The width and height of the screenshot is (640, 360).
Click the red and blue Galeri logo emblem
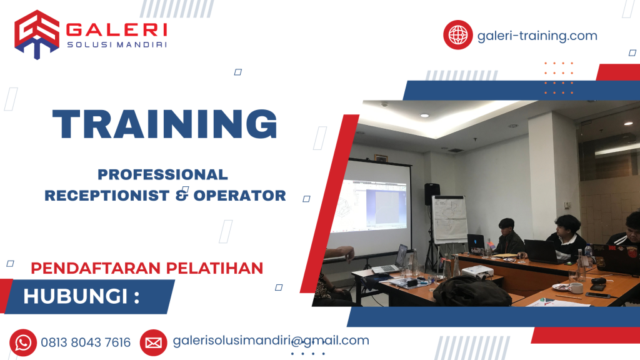tap(37, 34)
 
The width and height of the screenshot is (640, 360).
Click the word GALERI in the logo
tap(116, 29)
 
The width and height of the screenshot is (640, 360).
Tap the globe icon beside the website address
tap(458, 35)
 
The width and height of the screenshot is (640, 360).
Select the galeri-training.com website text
tap(537, 36)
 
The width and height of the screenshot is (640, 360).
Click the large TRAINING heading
tap(165, 124)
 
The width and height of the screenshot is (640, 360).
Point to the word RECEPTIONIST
tap(107, 196)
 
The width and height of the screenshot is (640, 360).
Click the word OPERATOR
tap(239, 196)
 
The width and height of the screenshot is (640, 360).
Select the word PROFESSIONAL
tap(162, 174)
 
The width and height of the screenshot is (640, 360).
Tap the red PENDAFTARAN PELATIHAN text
tap(147, 268)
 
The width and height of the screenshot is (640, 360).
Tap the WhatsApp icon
tap(23, 342)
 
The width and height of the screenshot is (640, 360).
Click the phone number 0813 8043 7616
tap(86, 342)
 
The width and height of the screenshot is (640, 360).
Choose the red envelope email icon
tap(153, 342)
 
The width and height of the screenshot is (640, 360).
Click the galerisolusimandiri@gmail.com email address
tap(271, 341)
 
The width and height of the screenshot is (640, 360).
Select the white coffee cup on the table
tap(576, 287)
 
